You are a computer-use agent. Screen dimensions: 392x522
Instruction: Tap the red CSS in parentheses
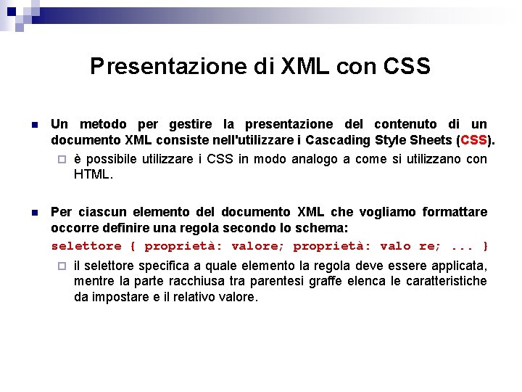[x=473, y=140]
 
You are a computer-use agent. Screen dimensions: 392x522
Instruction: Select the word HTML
[x=93, y=174]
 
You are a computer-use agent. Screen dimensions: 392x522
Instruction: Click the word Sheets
[x=431, y=140]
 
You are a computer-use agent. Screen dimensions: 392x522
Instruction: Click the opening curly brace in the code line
[x=133, y=246]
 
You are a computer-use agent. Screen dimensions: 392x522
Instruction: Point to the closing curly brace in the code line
[x=485, y=246]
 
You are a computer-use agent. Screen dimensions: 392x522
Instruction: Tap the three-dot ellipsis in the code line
[x=461, y=246]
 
